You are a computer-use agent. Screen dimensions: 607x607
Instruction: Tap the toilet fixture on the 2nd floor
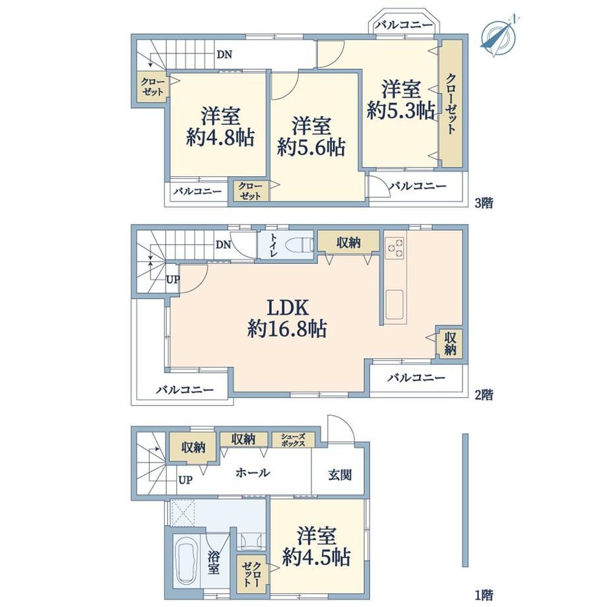click(x=300, y=245)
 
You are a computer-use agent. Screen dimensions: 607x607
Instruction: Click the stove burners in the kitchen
click(x=395, y=248)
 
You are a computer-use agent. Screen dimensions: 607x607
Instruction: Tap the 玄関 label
click(x=340, y=474)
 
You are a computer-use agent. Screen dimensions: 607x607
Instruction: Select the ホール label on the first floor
click(x=253, y=472)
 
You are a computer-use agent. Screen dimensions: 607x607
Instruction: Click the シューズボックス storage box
click(x=293, y=440)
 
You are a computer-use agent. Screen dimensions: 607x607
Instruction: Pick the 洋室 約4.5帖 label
click(x=317, y=546)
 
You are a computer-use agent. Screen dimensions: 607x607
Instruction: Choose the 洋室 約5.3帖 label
click(x=400, y=100)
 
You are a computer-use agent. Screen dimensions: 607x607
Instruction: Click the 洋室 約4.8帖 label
click(x=220, y=127)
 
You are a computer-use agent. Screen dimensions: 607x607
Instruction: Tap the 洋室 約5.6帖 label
click(x=311, y=137)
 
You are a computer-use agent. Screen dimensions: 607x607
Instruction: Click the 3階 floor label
click(x=484, y=203)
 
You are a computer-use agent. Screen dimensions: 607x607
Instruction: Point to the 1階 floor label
click(x=484, y=594)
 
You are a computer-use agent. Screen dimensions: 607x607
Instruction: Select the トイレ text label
click(x=273, y=245)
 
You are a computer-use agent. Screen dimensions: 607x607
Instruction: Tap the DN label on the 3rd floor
click(x=224, y=55)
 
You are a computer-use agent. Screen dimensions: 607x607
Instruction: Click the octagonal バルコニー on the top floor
click(x=404, y=26)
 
